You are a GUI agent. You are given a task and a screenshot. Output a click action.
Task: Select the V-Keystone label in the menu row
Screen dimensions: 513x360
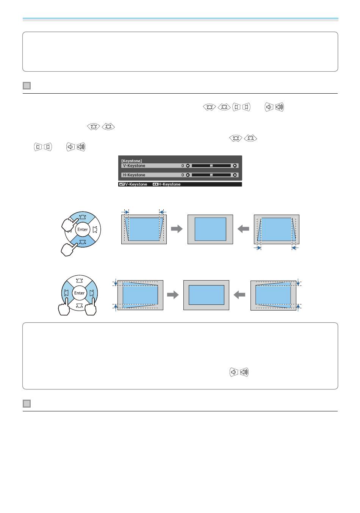(x=134, y=166)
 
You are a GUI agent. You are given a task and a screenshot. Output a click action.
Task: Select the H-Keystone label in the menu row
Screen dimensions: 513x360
(x=134, y=175)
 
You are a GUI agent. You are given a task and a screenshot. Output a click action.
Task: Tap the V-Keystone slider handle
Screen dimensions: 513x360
(x=211, y=166)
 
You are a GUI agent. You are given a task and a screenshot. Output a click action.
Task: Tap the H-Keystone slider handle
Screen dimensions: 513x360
(x=211, y=175)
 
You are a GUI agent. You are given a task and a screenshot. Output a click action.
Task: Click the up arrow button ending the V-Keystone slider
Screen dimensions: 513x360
(x=235, y=166)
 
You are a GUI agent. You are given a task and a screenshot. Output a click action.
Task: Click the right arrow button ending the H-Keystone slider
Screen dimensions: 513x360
(x=235, y=175)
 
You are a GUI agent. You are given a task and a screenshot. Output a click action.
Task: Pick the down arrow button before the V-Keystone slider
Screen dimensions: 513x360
(x=188, y=166)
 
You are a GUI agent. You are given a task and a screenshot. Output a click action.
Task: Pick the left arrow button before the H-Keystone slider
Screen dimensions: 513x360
(x=188, y=175)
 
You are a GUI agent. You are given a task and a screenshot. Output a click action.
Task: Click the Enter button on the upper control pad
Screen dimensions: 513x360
(x=82, y=229)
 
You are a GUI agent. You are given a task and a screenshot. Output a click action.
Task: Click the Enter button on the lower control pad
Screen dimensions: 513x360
(x=79, y=293)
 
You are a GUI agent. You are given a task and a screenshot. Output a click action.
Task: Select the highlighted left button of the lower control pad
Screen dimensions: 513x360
(x=67, y=293)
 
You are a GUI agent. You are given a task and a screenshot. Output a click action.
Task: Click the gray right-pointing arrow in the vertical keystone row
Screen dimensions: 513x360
(x=177, y=229)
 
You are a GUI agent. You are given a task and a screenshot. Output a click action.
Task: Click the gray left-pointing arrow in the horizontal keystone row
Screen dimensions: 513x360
(x=240, y=295)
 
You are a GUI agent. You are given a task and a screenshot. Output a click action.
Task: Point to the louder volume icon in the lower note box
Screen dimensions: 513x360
(x=244, y=372)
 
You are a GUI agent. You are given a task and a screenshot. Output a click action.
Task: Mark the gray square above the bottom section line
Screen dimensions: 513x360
(x=27, y=403)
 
